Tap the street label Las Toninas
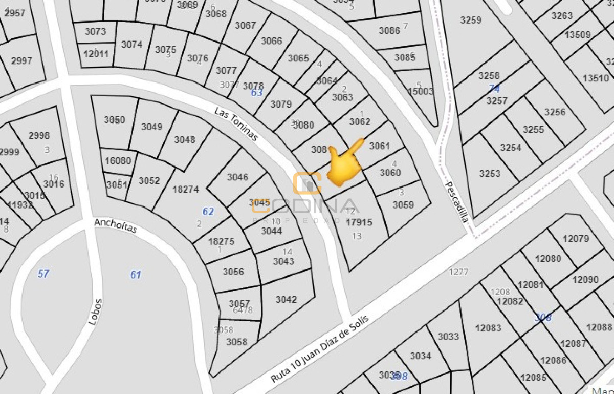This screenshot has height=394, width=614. (236, 125)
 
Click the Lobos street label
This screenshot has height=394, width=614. (95, 312)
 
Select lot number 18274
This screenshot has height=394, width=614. (185, 189)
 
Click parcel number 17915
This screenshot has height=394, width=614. (359, 222)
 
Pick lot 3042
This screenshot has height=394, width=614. (286, 300)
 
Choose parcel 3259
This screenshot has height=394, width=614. (471, 20)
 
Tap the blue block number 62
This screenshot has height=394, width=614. (208, 212)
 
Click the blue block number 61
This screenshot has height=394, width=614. (135, 275)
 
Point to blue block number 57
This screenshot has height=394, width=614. (43, 274)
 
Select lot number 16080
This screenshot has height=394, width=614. (118, 161)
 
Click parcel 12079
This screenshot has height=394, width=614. (576, 239)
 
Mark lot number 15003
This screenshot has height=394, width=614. (420, 92)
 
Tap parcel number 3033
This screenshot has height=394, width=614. (448, 337)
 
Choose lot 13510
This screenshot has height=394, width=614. (596, 78)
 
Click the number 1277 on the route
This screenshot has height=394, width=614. (458, 272)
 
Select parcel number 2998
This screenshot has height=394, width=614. (39, 136)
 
